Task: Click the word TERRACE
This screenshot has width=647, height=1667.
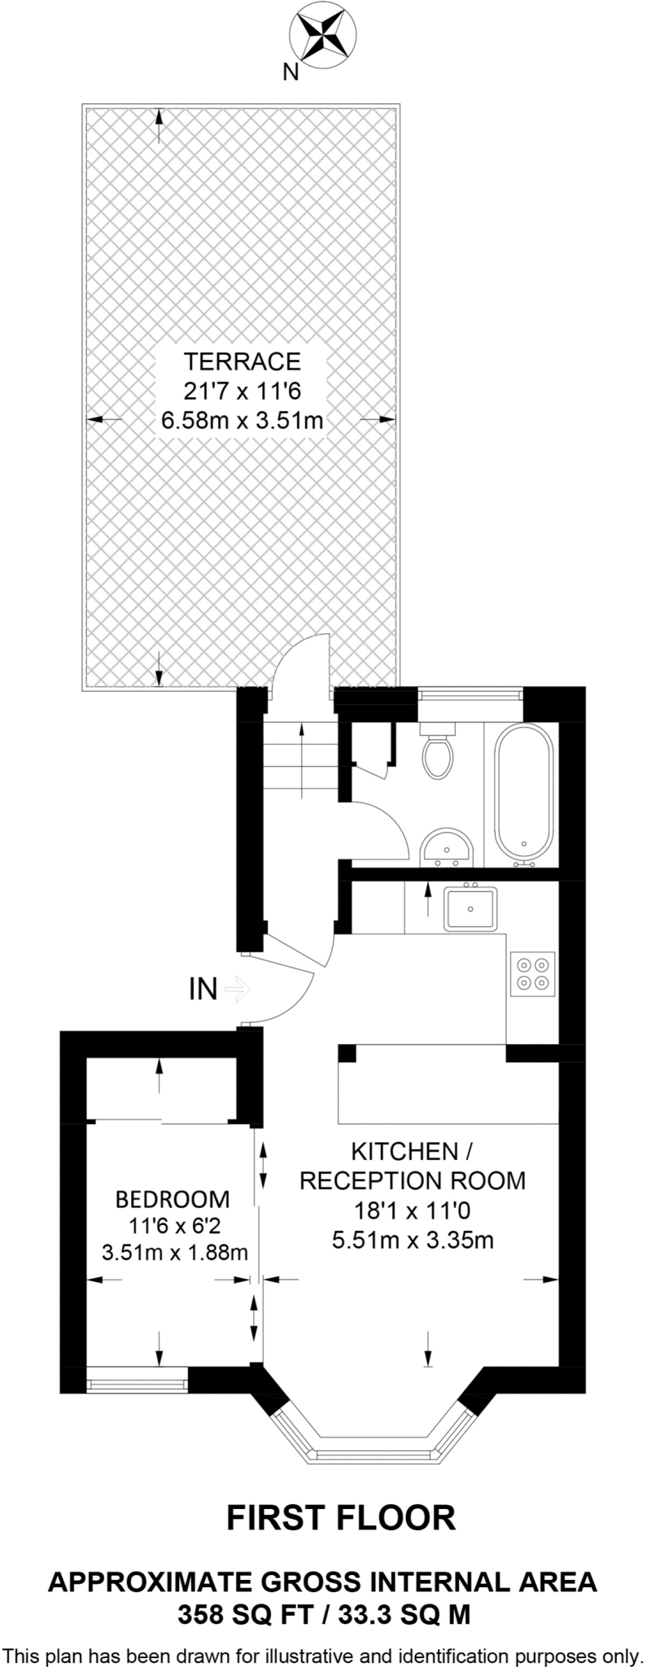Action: (243, 361)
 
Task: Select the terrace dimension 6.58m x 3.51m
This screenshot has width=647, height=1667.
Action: (243, 421)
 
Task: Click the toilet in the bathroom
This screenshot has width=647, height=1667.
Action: (439, 752)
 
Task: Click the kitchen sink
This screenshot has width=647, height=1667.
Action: (470, 909)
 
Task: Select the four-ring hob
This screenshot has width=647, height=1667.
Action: (532, 974)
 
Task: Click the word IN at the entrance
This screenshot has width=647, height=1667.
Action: (203, 989)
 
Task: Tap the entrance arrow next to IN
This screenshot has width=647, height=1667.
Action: (237, 989)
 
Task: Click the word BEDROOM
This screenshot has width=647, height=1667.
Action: (173, 1199)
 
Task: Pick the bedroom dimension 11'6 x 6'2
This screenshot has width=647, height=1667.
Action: (173, 1225)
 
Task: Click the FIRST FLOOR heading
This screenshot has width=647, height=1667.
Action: (340, 1518)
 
